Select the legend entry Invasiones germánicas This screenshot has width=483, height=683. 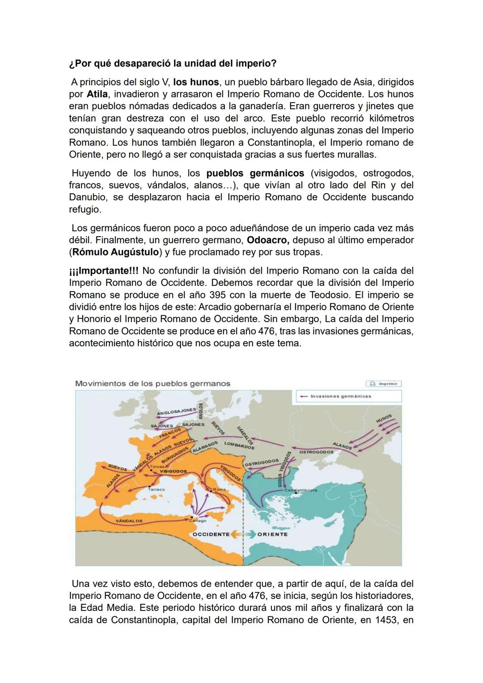tap(340, 396)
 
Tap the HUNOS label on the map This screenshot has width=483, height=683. tap(383, 419)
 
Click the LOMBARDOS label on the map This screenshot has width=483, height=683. tap(239, 445)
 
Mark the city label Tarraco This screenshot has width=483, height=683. tap(156, 489)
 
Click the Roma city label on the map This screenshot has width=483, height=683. tap(219, 489)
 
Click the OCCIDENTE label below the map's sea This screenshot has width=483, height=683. tap(211, 535)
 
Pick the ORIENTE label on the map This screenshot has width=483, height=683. tap(272, 535)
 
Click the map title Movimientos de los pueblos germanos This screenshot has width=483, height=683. tap(153, 384)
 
